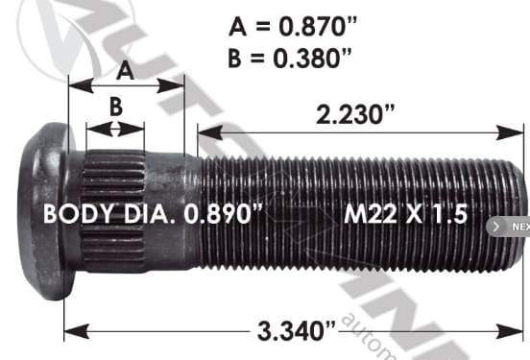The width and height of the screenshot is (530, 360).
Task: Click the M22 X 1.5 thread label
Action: tap(405, 213)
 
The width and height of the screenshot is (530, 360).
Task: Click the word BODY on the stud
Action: tap(74, 213)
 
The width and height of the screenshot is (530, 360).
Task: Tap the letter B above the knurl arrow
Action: tap(116, 108)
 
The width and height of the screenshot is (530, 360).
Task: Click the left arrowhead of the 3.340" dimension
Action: tap(69, 332)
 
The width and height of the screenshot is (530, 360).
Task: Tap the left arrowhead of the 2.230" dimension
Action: tap(203, 128)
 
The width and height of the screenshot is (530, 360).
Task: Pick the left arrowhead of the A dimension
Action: tap(72, 84)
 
